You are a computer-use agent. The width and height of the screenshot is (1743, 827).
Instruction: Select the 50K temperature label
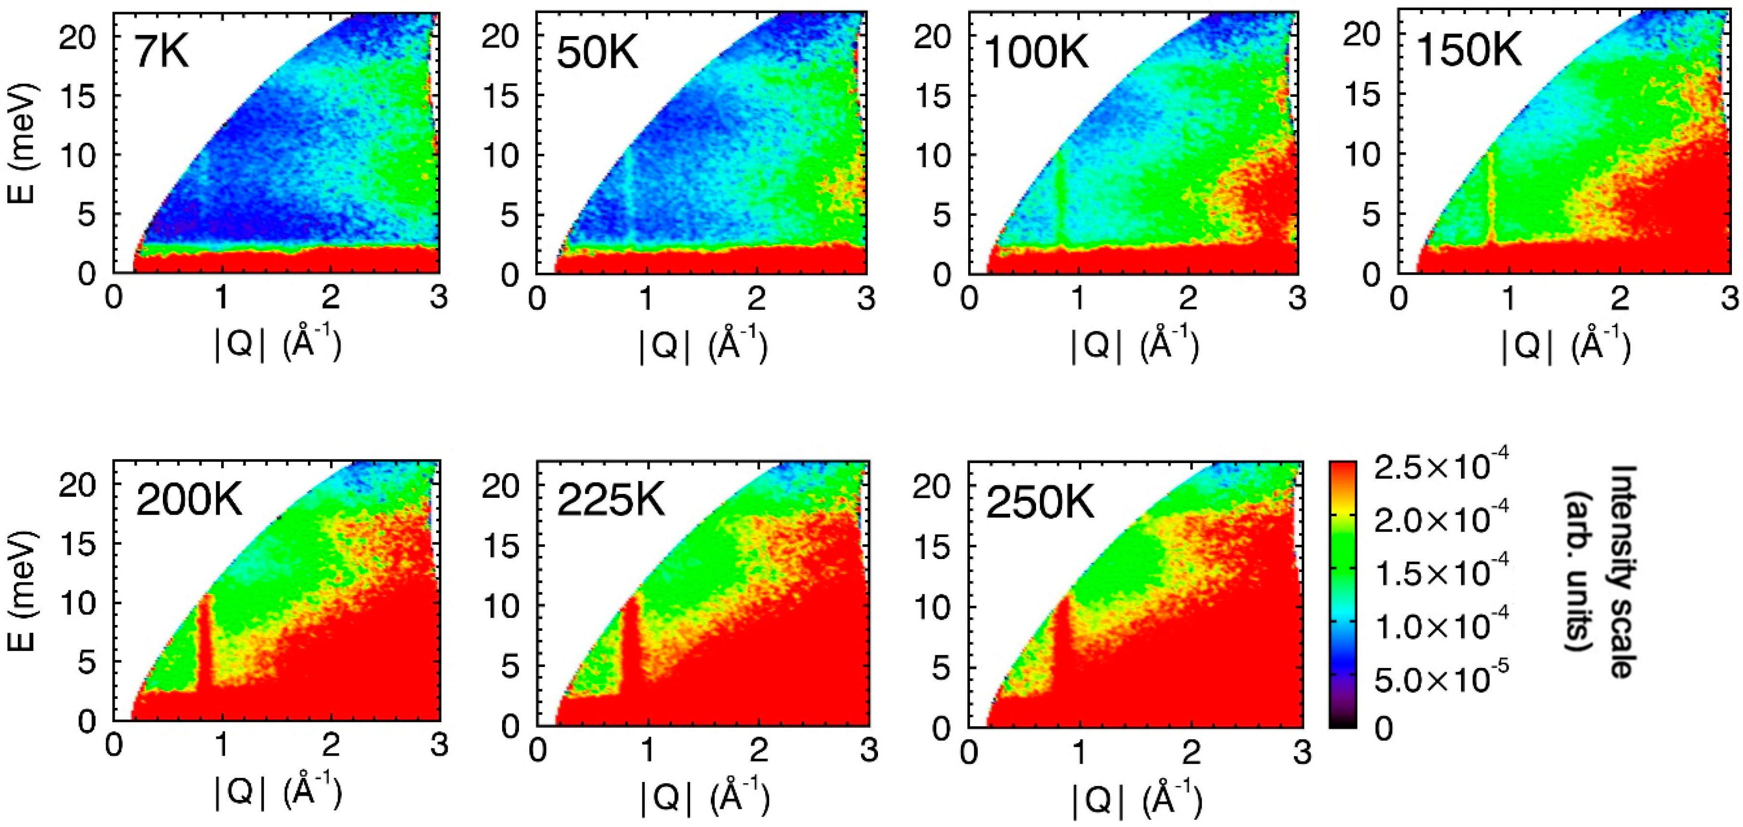point(598,53)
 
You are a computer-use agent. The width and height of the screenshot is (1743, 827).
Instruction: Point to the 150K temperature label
point(1468,51)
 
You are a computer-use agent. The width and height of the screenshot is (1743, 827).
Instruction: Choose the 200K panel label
point(189,502)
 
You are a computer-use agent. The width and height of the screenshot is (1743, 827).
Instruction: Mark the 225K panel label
point(611,502)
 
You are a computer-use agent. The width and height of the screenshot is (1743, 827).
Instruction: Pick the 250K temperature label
point(1039,503)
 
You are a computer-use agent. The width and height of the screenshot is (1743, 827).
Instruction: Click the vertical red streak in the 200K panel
point(205,643)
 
